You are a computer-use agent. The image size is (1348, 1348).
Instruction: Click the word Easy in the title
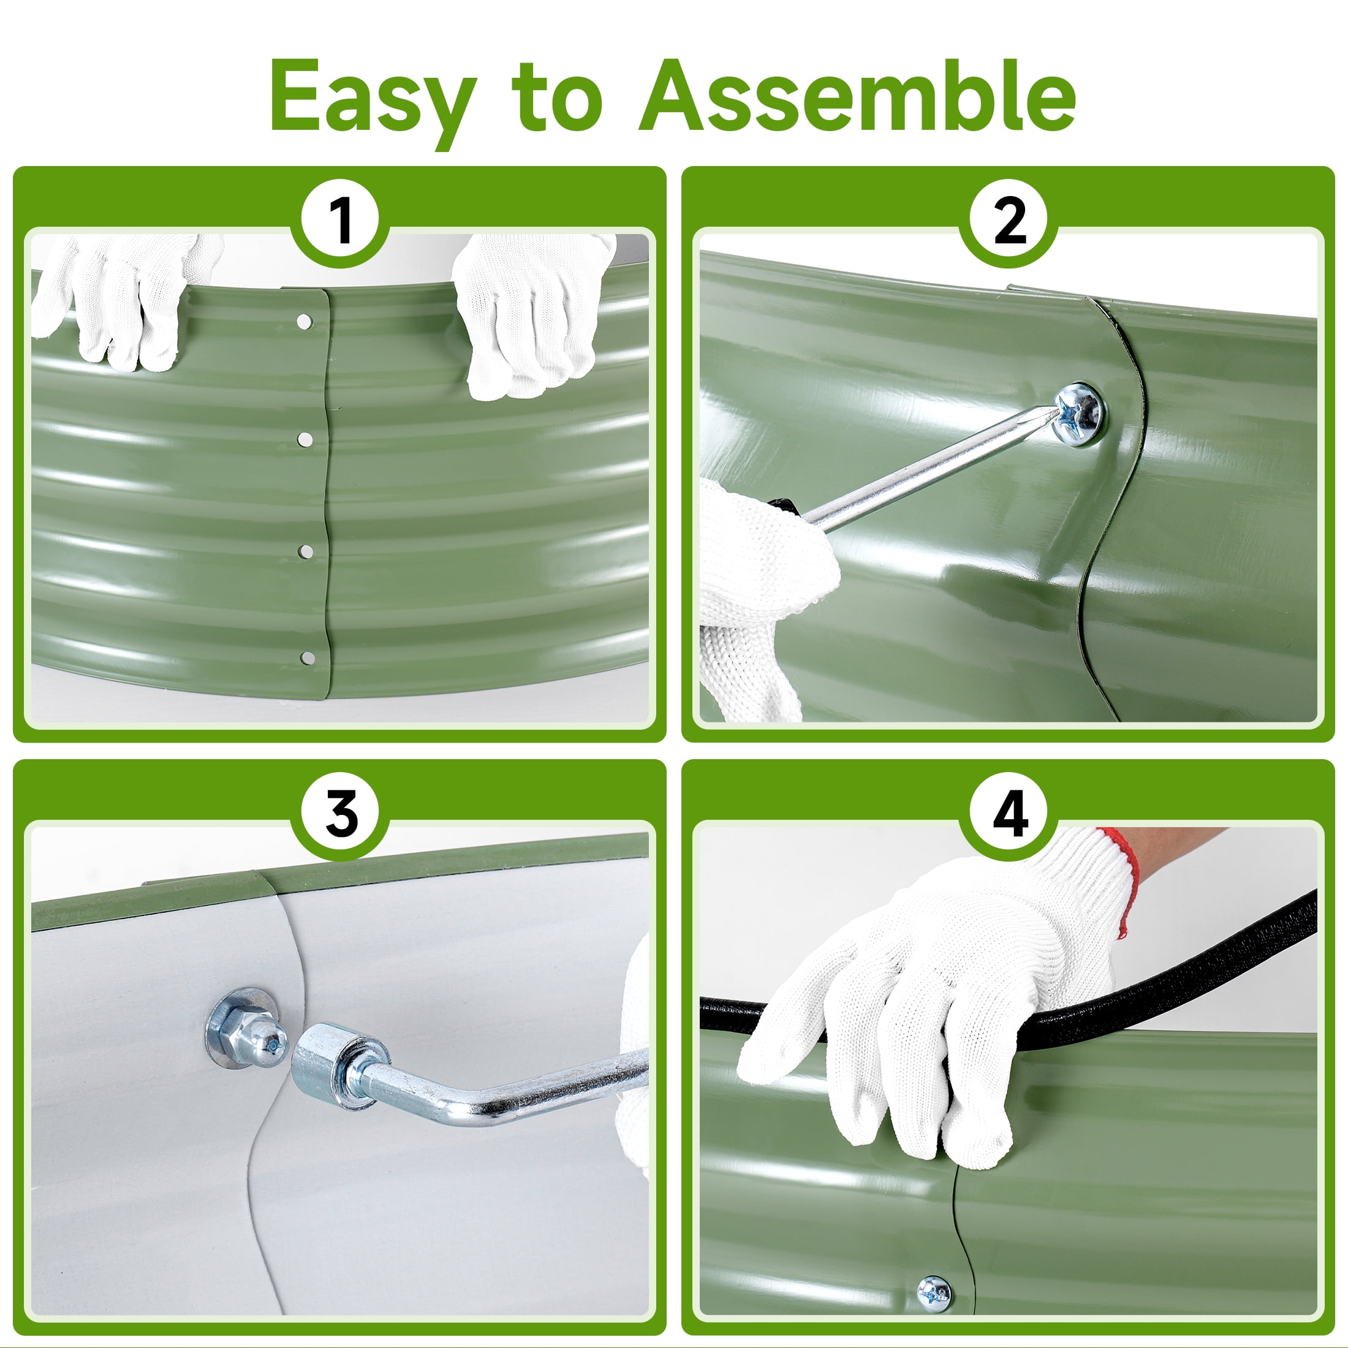[x=373, y=97]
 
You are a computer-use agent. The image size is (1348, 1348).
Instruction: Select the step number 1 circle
[x=340, y=221]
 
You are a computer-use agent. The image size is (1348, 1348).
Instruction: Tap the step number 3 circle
[x=340, y=814]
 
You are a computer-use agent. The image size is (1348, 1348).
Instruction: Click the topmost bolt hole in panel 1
[x=304, y=322]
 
